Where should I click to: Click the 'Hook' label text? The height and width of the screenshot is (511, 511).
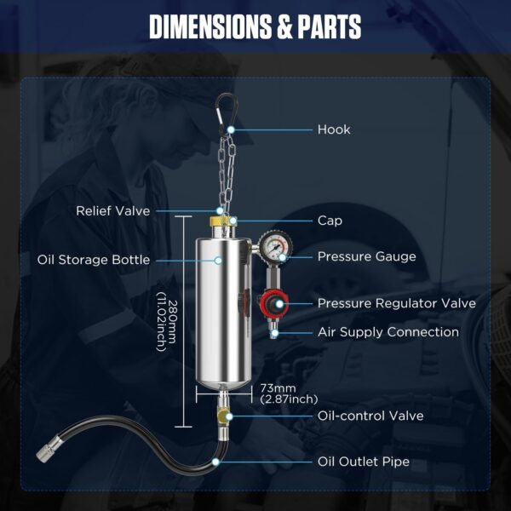(334, 129)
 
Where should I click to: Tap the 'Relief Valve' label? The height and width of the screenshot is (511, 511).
(113, 211)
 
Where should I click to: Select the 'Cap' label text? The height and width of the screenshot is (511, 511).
(330, 221)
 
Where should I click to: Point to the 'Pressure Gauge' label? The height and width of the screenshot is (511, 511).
(366, 256)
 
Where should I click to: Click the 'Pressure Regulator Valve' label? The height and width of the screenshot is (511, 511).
(397, 303)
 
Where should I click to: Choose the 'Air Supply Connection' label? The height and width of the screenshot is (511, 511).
(388, 332)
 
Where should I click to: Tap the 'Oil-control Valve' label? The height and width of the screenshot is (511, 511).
(370, 416)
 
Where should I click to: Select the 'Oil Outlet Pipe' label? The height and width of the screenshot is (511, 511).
(364, 462)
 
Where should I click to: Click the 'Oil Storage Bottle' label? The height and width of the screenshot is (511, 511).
(94, 260)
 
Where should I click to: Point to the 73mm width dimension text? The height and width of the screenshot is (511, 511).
(289, 393)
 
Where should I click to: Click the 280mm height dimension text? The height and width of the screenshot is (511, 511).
(166, 322)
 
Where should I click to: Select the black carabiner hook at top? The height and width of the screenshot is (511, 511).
(227, 113)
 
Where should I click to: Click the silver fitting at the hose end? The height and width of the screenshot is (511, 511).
(49, 449)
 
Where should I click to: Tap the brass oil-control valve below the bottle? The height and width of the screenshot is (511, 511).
(223, 415)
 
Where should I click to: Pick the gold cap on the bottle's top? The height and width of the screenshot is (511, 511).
(222, 221)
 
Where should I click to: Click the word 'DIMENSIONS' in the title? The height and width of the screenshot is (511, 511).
(210, 26)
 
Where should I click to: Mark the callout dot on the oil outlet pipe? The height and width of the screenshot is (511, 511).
(215, 462)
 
